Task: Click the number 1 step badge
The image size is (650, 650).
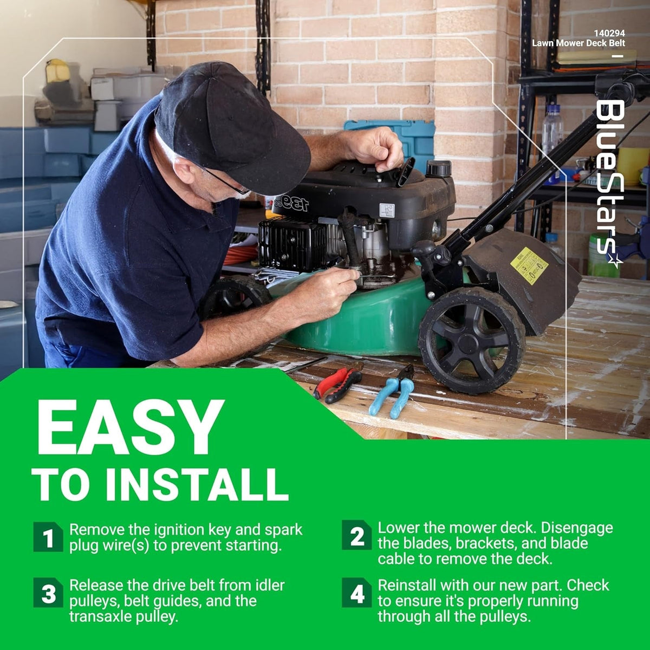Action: coord(48,537)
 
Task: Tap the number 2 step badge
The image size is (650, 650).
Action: coord(356,535)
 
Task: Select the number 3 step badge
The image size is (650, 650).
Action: coord(48,593)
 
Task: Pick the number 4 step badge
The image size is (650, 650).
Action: coord(356,593)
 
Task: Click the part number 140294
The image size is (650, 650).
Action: coord(609,33)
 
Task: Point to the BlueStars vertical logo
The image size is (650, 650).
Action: coord(609,184)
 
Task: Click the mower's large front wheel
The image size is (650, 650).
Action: coord(472,340)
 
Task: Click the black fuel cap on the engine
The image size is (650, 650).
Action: coord(439,167)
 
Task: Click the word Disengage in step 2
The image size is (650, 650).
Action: coord(577,528)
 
